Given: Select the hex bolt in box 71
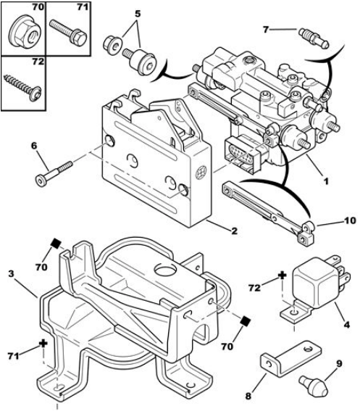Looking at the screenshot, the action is pos(68,33).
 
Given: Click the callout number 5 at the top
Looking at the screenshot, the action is pos(138,13).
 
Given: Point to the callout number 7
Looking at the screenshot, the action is pos(266,29).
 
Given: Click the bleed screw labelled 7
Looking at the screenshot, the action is pos(314,38).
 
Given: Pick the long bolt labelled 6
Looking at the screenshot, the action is pos(54,173).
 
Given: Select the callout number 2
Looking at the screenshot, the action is pos(234,231).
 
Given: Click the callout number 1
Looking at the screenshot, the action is pos(326,182).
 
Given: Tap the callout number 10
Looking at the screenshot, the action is pos(350,220).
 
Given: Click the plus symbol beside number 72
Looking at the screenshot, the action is pos(282,276).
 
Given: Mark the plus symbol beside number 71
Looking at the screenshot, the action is pos(43,343).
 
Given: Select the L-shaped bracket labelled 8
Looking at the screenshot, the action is pos(291,358).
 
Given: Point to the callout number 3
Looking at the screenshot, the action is pos(11,274).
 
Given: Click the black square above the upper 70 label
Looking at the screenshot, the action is pos(56,243).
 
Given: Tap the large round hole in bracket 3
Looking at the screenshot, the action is pos(165,270).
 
